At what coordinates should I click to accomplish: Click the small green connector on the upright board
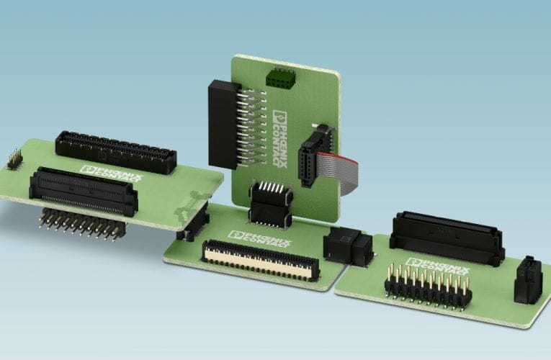pyautogui.click(x=280, y=77)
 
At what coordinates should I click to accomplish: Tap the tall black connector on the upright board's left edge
pyautogui.click(x=223, y=125)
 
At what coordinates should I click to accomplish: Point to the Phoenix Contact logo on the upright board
pyautogui.click(x=280, y=139)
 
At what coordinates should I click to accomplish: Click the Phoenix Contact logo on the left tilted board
pyautogui.click(x=112, y=174)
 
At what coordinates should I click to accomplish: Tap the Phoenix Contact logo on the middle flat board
pyautogui.click(x=260, y=240)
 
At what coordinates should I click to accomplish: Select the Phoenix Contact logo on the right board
pyautogui.click(x=437, y=268)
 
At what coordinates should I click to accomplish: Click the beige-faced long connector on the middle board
pyautogui.click(x=261, y=260)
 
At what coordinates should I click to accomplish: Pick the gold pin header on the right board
pyautogui.click(x=429, y=287)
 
